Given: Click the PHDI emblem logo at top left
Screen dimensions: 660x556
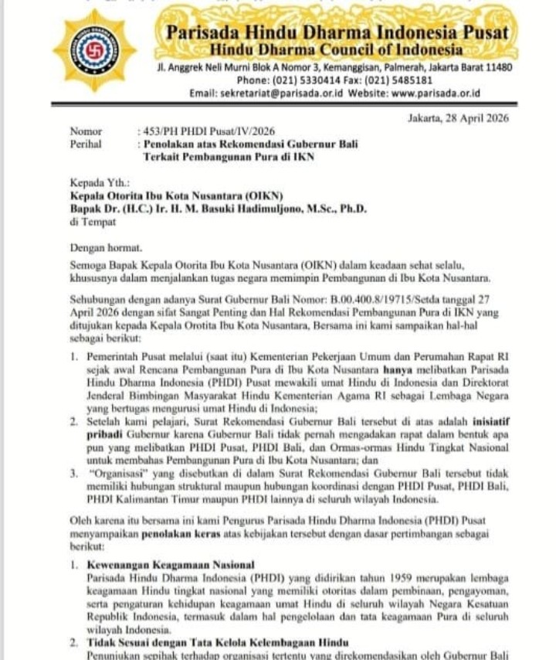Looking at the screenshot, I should coord(93,51).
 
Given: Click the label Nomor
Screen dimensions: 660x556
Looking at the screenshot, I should coord(84,132).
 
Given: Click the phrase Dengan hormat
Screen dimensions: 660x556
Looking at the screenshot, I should coord(106,248).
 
